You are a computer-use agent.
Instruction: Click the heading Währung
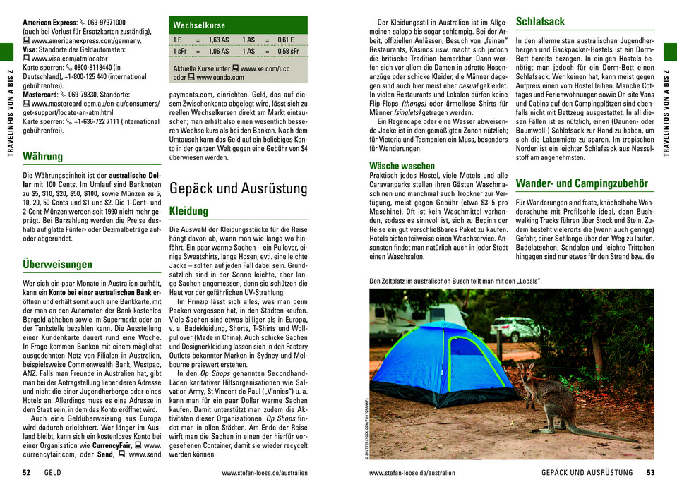tap(43, 156)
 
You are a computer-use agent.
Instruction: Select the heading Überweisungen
tap(58, 265)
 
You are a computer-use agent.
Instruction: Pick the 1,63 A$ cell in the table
tap(219, 40)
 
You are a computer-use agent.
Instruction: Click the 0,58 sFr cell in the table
tap(289, 52)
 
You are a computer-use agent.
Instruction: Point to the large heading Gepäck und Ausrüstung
tap(239, 188)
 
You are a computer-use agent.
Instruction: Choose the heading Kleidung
tap(188, 211)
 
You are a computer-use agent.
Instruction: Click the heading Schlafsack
tap(540, 22)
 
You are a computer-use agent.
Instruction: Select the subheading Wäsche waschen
tap(402, 167)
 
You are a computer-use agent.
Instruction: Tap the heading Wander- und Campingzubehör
tap(582, 183)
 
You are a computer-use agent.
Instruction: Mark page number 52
tap(26, 473)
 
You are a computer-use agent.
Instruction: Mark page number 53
tap(650, 473)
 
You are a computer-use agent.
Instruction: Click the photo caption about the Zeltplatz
tap(455, 282)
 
